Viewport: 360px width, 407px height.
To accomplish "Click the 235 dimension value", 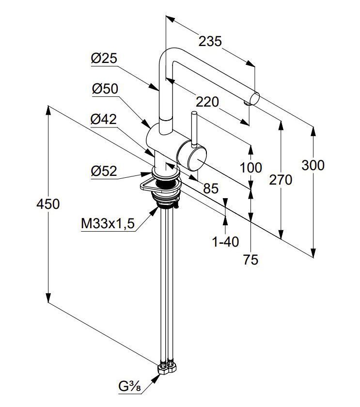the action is [210, 42].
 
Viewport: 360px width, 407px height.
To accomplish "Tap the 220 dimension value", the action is [207, 102].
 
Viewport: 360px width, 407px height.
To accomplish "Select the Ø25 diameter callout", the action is [104, 59].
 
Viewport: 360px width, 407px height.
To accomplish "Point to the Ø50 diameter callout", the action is [105, 89].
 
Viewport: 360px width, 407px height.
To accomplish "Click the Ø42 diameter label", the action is [104, 119].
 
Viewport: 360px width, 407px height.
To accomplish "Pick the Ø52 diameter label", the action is [104, 171].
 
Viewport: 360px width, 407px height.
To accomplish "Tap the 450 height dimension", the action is [48, 204].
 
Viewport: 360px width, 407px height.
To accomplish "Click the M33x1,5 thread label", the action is [108, 223].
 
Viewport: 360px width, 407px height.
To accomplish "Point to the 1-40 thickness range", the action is [225, 242].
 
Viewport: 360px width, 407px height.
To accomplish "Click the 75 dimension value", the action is [250, 260].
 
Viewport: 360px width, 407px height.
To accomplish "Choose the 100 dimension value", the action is [250, 168].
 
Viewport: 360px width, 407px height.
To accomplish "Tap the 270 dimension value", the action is [281, 180].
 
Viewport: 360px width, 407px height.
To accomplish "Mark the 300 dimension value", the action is [313, 165].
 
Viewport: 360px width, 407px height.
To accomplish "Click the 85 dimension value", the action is [211, 188].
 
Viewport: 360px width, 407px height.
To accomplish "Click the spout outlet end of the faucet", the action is [254, 99].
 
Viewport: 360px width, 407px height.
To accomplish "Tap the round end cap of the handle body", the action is [197, 158].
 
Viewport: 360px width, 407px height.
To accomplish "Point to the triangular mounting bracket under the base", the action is [146, 184].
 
